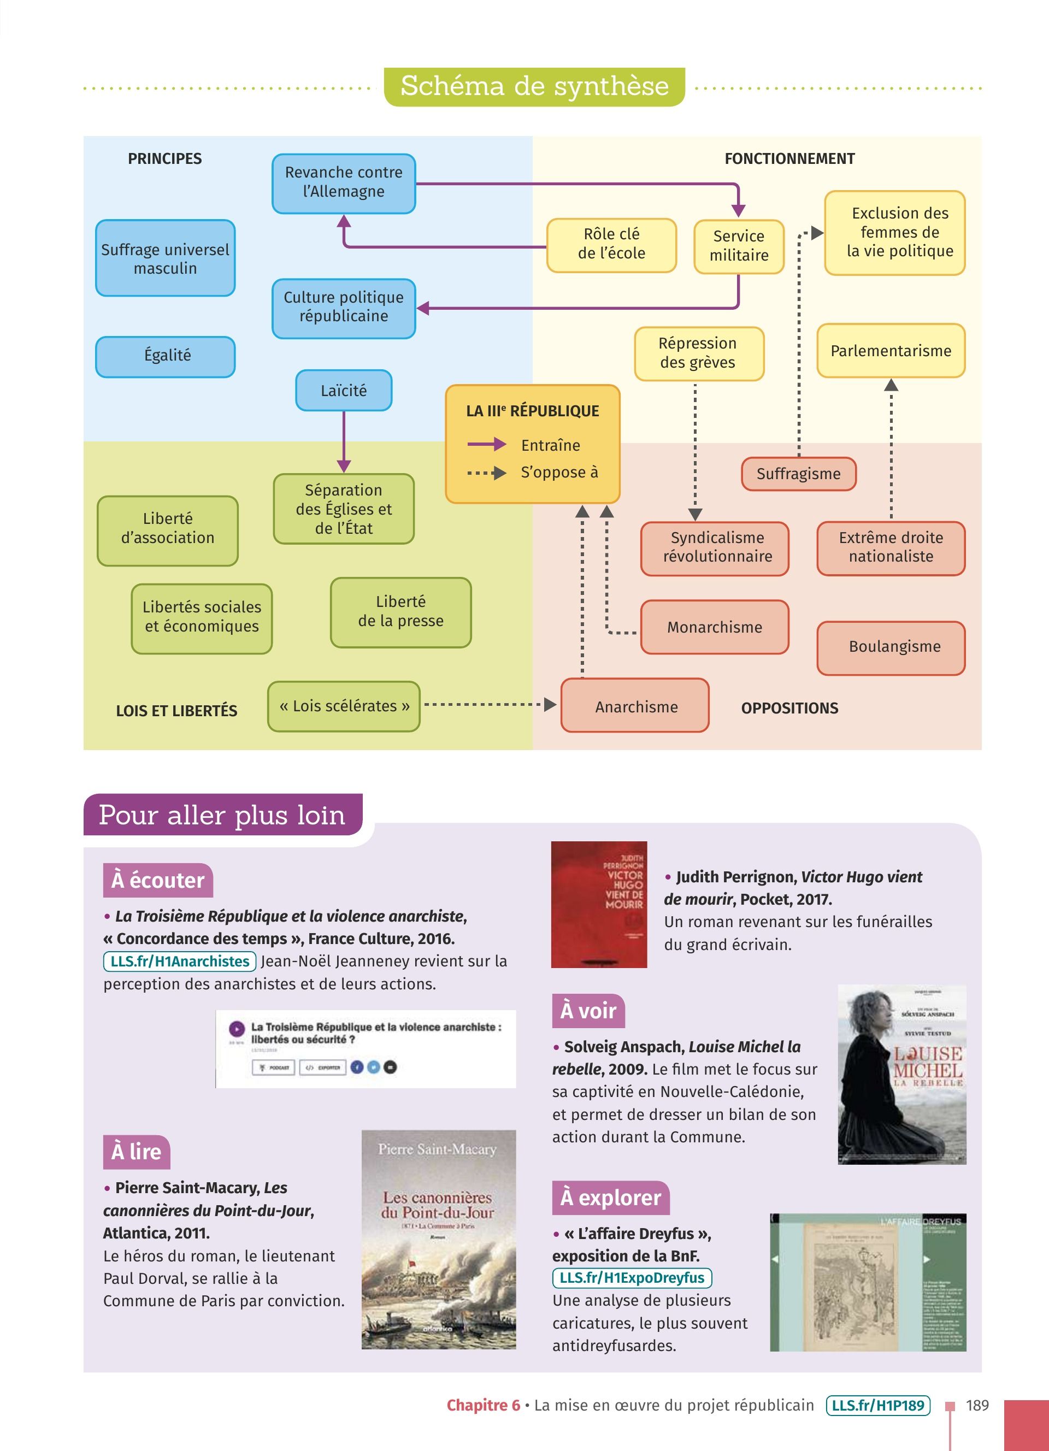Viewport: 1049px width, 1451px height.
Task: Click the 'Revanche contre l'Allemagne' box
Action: [x=344, y=183]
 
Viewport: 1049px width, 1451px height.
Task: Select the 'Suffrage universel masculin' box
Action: [x=165, y=258]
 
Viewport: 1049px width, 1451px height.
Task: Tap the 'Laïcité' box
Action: [x=344, y=390]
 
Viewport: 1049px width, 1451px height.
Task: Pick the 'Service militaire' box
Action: [x=739, y=246]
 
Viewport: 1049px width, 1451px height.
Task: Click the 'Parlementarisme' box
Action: [x=891, y=351]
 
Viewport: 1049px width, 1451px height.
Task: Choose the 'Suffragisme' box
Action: [x=798, y=474]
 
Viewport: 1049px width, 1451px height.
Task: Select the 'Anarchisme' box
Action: [x=636, y=707]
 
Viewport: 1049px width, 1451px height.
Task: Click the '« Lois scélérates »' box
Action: [x=344, y=706]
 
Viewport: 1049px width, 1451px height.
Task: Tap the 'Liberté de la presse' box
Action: [x=400, y=612]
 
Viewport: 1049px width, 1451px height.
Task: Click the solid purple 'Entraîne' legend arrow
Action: [x=486, y=445]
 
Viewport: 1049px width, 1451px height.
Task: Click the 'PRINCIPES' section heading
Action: [x=164, y=158]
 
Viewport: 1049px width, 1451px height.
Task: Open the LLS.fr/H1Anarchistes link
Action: [x=180, y=962]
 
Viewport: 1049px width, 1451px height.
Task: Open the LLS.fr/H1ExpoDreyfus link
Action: [x=632, y=1278]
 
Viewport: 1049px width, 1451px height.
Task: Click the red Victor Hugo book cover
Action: [x=599, y=904]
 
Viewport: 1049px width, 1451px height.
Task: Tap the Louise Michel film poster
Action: [x=902, y=1074]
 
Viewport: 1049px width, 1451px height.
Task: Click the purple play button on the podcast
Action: [x=237, y=1029]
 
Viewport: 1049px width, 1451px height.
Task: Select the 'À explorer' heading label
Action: [x=610, y=1198]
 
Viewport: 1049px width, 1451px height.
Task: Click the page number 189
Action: [x=977, y=1405]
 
